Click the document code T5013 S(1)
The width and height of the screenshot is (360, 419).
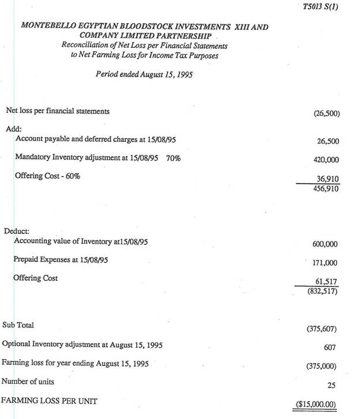click(321, 7)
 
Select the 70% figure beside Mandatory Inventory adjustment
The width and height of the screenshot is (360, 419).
click(173, 158)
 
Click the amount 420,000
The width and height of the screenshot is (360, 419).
click(327, 159)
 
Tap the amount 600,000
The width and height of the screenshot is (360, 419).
click(325, 244)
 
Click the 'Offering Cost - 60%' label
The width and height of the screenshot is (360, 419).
click(47, 176)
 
